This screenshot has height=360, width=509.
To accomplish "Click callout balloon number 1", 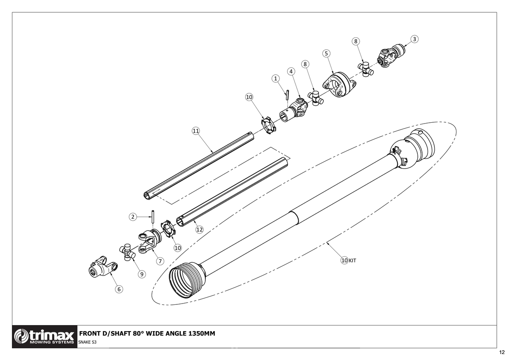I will coord(276,79).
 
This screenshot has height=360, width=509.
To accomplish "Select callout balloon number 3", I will coord(415,39).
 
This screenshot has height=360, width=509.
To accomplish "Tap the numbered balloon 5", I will coord(326,53).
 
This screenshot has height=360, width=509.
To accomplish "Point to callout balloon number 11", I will coord(196,131).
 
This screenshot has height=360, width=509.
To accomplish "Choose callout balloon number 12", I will coord(199,229).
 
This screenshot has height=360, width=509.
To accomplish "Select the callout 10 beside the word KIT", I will coord(344,260).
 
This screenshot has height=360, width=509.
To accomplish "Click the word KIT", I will coord(352,261).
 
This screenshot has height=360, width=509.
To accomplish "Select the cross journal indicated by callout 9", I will coord(127,251).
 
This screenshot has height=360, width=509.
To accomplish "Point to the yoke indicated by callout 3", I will coord(391,56).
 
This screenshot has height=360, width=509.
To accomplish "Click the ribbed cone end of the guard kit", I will coord(186,281).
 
